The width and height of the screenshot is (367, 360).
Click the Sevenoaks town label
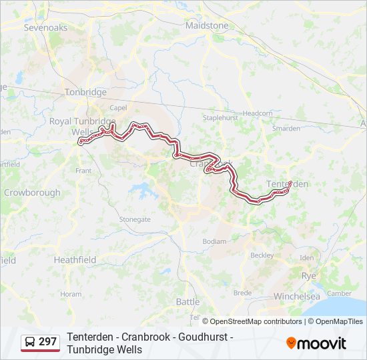click(45, 28)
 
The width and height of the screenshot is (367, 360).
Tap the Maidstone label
click(207, 25)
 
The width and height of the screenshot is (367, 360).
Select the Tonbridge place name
click(85, 92)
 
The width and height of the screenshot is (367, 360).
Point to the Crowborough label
click(32, 193)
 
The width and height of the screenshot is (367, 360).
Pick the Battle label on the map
click(188, 301)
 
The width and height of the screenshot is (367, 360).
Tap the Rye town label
click(309, 275)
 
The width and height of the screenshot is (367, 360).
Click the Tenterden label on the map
click(288, 183)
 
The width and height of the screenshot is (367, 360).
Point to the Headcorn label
click(258, 113)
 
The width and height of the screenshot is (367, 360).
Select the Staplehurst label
click(220, 117)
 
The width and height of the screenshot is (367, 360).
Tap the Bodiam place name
click(214, 241)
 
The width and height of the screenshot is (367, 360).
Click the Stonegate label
click(135, 219)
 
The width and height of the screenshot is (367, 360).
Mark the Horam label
click(71, 294)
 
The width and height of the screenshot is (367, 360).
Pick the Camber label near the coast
click(339, 293)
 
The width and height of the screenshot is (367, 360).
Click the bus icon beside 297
click(31, 342)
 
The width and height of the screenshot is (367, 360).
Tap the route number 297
click(48, 342)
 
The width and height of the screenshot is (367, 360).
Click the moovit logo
click(316, 343)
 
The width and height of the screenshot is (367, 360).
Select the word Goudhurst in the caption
click(201, 337)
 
